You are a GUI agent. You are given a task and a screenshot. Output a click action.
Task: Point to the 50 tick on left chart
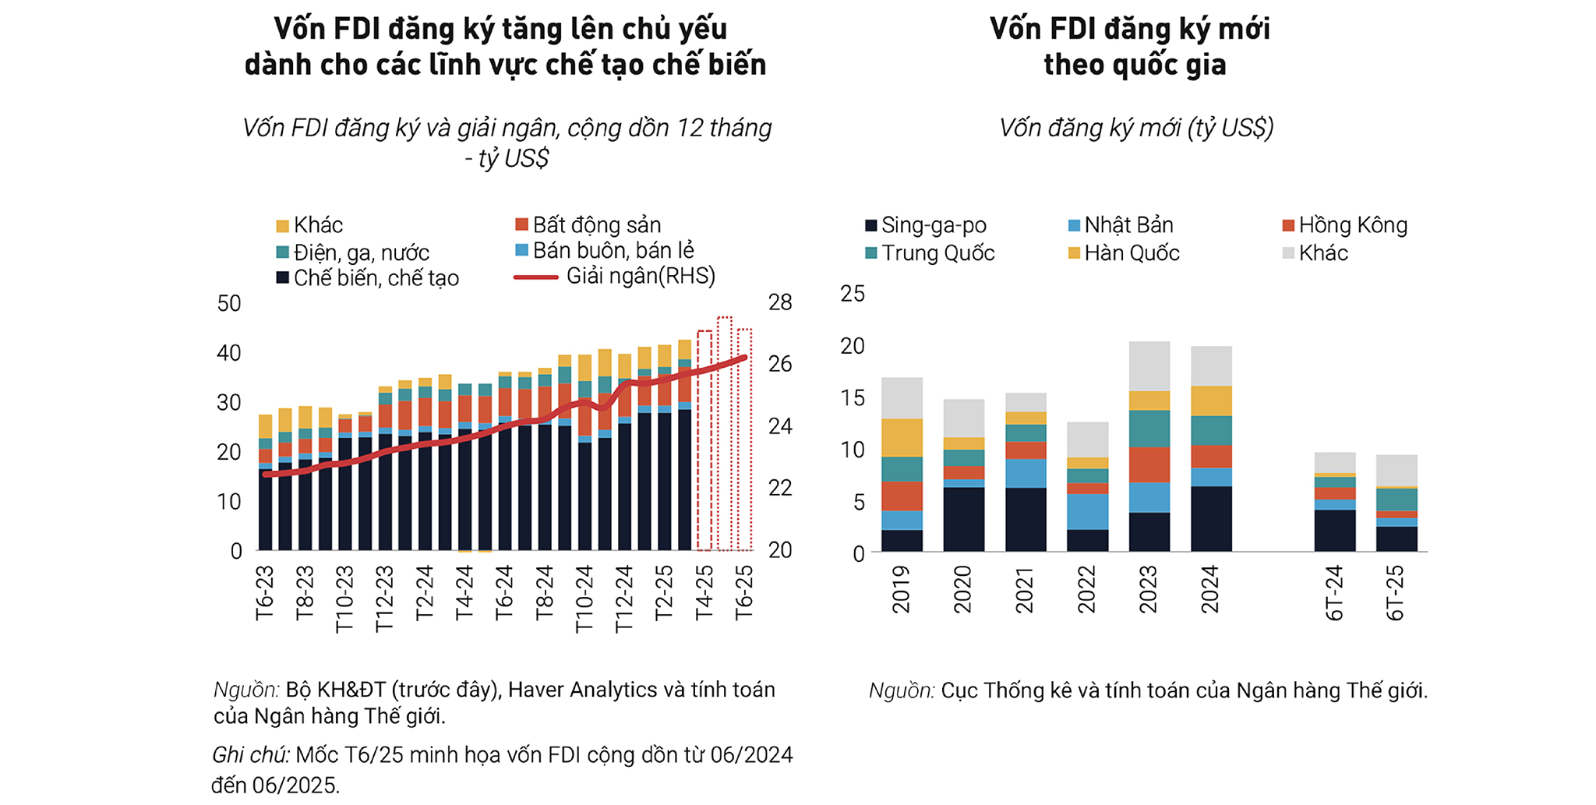point(229,303)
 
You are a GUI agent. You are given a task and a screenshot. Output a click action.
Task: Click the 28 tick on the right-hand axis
point(779,302)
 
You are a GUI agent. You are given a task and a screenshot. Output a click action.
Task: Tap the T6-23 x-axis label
point(265,592)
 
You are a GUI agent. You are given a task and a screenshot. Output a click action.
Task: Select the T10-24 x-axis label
point(584,598)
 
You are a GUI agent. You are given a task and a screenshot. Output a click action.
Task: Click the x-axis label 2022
point(1086,589)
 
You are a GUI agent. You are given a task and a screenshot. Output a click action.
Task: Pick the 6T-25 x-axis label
point(1395,592)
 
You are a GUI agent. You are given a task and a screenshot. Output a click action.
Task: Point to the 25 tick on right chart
point(853,294)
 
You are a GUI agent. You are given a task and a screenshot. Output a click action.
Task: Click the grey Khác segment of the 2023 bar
point(1149,366)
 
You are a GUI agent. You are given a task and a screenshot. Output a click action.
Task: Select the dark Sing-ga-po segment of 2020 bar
point(963,518)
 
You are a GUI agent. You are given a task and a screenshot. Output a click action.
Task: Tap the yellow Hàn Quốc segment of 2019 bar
point(902,438)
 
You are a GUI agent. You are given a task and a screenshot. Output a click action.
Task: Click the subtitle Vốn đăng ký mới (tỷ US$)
point(1135,128)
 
